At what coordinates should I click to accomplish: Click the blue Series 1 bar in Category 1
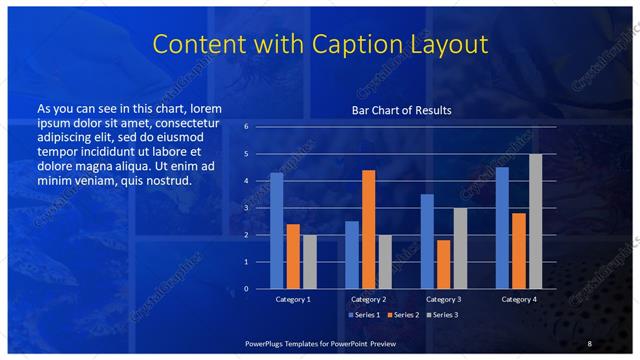click(x=277, y=231)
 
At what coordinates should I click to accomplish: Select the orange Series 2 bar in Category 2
click(x=368, y=229)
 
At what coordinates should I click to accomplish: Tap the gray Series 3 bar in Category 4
click(x=535, y=221)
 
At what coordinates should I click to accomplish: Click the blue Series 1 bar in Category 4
click(x=502, y=228)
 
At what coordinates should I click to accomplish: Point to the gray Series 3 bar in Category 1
click(x=309, y=262)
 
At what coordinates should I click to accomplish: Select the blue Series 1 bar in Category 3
click(x=427, y=241)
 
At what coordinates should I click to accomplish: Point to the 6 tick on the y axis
click(x=248, y=127)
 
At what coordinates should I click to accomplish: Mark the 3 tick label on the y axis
click(x=248, y=208)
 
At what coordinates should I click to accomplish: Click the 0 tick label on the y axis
click(x=248, y=289)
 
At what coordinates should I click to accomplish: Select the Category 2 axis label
click(x=368, y=299)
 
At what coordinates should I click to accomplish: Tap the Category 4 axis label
click(x=518, y=299)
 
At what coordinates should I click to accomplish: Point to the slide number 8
click(x=590, y=343)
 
